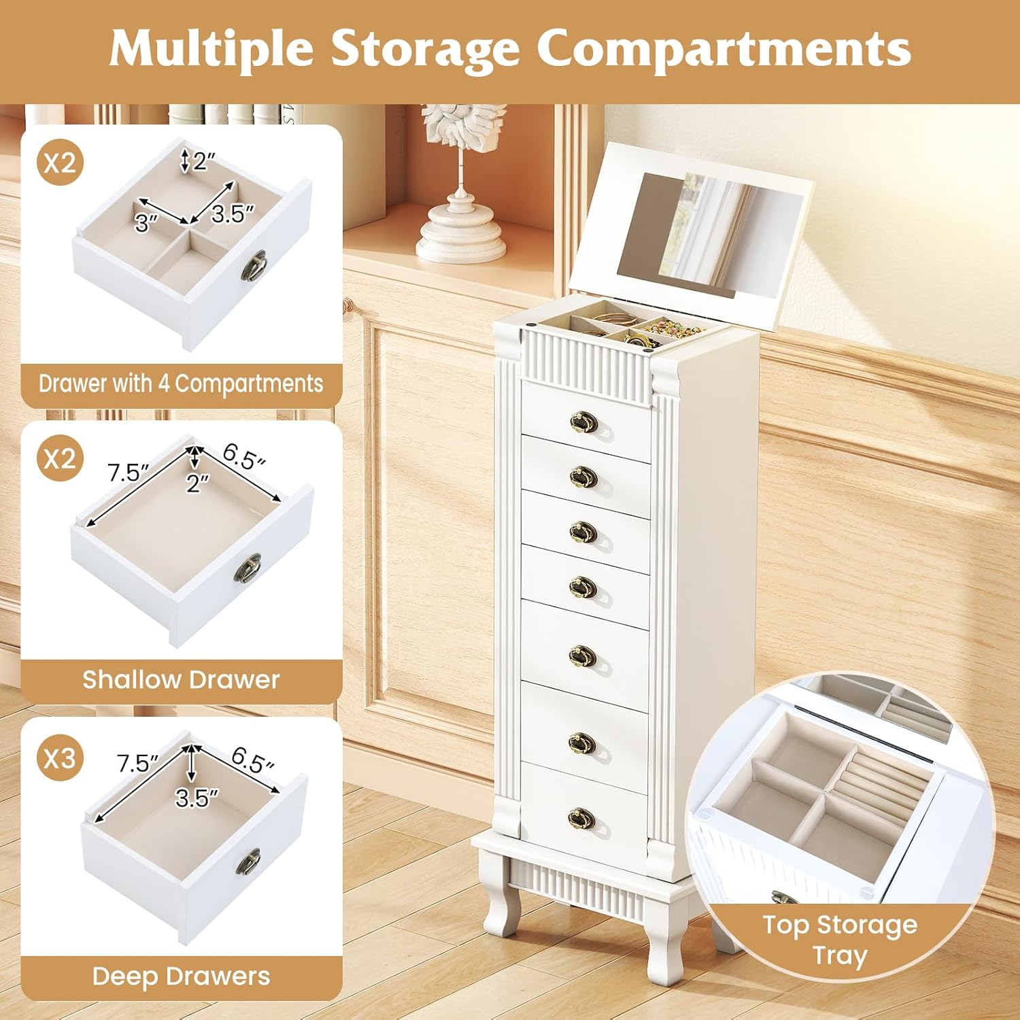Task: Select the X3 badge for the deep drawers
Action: [x=60, y=757]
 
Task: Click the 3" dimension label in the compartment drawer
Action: [x=146, y=222]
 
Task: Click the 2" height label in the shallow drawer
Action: [x=198, y=483]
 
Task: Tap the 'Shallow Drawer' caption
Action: [x=181, y=679]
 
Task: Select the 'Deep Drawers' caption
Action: [x=181, y=976]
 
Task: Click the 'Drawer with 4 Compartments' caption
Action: [x=181, y=384]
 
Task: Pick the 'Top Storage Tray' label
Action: [x=840, y=940]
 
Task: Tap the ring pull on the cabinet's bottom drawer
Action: [x=581, y=819]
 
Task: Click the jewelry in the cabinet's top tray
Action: [x=663, y=331]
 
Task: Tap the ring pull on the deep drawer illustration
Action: [x=249, y=862]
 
